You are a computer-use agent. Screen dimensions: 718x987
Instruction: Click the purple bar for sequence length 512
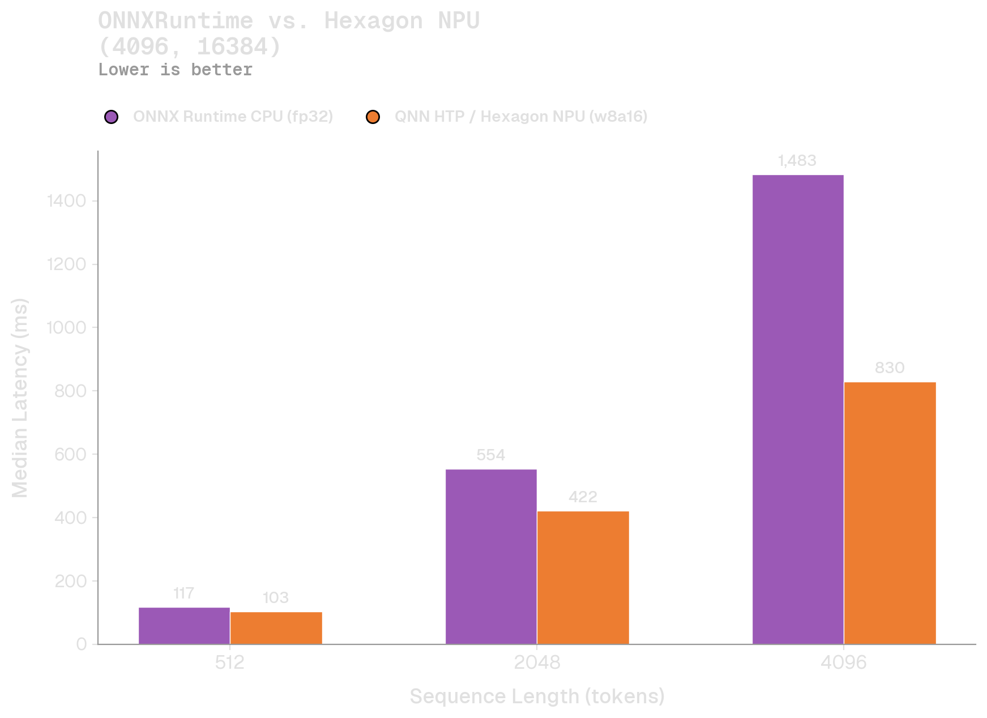184,626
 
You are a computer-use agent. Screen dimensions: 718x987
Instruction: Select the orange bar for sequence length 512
276,628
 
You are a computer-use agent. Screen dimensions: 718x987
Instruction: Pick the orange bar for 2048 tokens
583,578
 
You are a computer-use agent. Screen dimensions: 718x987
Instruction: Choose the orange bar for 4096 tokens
890,513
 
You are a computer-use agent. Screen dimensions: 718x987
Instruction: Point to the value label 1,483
797,161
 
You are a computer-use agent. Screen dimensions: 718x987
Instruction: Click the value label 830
890,368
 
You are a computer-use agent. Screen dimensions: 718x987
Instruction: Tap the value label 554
490,455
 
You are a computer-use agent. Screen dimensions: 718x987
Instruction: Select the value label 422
583,497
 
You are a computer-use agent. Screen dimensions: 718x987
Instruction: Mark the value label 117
184,593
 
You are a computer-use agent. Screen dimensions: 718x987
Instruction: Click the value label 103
276,598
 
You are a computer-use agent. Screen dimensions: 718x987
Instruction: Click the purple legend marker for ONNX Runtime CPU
112,117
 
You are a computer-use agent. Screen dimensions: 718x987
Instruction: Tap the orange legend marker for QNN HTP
373,117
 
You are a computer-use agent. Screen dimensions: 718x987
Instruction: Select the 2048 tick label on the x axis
537,663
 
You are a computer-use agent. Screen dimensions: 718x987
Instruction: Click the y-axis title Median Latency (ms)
20,398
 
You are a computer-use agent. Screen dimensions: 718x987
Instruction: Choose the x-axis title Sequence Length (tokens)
537,696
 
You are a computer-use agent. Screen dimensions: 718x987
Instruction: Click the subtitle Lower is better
175,70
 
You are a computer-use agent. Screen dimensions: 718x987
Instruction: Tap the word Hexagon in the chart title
373,21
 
